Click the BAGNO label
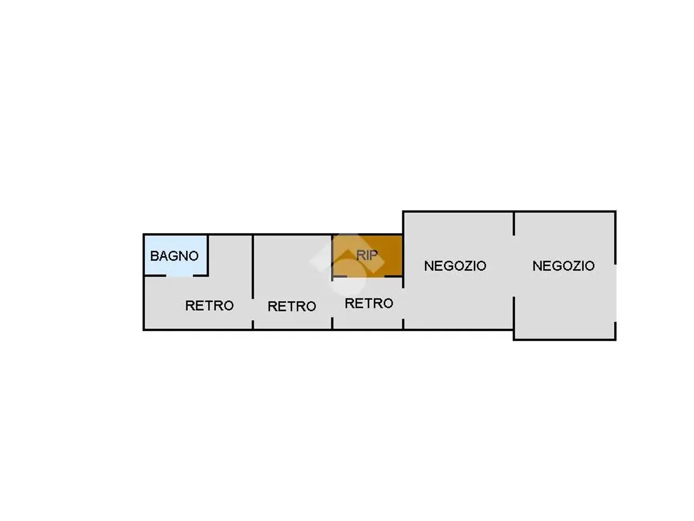tap(174, 256)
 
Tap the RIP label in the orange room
tap(367, 255)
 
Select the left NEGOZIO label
tap(455, 266)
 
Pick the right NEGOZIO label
tap(563, 266)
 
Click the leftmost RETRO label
tap(209, 306)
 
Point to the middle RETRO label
tap(292, 306)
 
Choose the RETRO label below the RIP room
tap(369, 303)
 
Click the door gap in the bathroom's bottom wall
tap(179, 276)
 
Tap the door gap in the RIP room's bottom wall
tap(366, 276)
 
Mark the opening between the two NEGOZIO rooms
tap(513, 266)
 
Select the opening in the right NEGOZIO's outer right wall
tap(615, 293)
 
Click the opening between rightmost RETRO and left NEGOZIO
tap(403, 303)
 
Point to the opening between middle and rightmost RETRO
tap(332, 299)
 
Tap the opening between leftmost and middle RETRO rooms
tap(253, 309)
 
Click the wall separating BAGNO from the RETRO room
tap(208, 255)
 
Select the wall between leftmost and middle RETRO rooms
tap(253, 266)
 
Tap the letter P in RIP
tap(374, 255)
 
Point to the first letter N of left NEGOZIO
tap(428, 266)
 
